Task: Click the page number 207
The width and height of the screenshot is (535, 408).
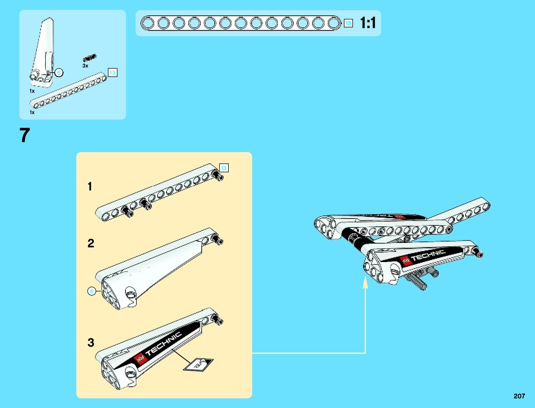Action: coord(519,396)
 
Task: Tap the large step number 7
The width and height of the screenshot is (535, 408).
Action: coord(25,135)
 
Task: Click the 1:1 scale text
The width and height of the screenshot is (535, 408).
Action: coord(368,23)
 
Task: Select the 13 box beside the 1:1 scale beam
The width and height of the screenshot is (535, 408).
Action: coord(348,23)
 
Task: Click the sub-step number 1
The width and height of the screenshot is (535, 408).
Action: coord(90,186)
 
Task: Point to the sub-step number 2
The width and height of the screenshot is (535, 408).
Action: coord(91,243)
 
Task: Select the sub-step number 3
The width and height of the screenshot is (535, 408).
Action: coord(91,343)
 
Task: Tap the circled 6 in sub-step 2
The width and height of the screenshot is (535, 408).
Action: coord(92,292)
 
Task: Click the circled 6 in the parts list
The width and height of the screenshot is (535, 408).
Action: coord(59,73)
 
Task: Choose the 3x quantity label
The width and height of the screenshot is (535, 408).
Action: coord(85,66)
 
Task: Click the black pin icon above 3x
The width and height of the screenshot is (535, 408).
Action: coord(90,58)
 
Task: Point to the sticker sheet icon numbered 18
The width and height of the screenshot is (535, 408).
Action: coord(198,364)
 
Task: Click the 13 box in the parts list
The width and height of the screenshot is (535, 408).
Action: coord(112,73)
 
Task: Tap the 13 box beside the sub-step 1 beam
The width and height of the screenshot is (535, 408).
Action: coord(224,168)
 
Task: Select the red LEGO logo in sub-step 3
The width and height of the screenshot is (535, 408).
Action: coord(140,358)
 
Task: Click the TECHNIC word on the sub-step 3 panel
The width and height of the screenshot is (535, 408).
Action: coord(163,344)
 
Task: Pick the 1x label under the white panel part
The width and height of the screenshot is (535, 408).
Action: coord(32,91)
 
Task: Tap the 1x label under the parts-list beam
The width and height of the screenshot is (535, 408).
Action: coord(32,112)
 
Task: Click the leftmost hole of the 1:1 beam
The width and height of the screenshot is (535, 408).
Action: coord(148,23)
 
